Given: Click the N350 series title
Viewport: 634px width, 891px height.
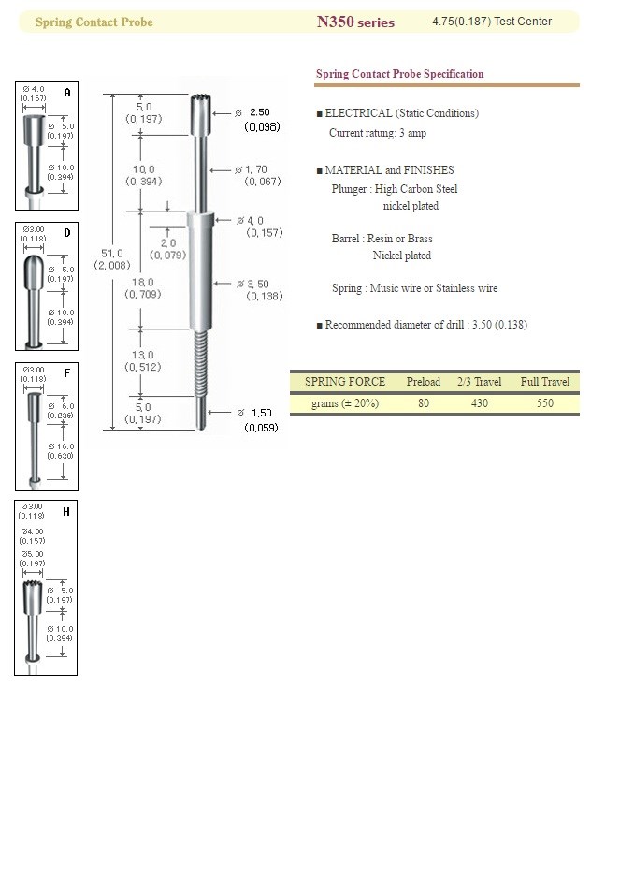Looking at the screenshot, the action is point(355,22).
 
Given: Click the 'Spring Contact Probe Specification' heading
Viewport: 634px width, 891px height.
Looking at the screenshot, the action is point(399,74).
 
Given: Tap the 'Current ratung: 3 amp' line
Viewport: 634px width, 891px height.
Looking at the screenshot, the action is point(377,133).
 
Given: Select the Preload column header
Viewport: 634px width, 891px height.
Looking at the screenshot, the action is point(424,382).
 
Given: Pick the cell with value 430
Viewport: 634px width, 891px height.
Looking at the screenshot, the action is point(480,403).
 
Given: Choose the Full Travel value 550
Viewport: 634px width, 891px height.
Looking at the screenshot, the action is point(545,403).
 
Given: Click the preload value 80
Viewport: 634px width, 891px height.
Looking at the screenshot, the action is point(424,403).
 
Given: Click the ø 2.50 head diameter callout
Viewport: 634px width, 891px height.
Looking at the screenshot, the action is point(257,118).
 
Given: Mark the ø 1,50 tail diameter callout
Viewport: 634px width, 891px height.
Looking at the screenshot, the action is point(258,418).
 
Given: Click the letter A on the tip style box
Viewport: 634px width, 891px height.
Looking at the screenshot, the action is point(66,93).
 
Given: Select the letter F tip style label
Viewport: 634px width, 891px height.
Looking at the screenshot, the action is point(66,372).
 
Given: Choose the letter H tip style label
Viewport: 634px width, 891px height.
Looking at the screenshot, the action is point(66,511).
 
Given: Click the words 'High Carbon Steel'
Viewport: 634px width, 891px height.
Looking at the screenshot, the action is point(416,189).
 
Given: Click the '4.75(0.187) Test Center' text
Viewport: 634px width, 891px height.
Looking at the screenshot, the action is point(492,22).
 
